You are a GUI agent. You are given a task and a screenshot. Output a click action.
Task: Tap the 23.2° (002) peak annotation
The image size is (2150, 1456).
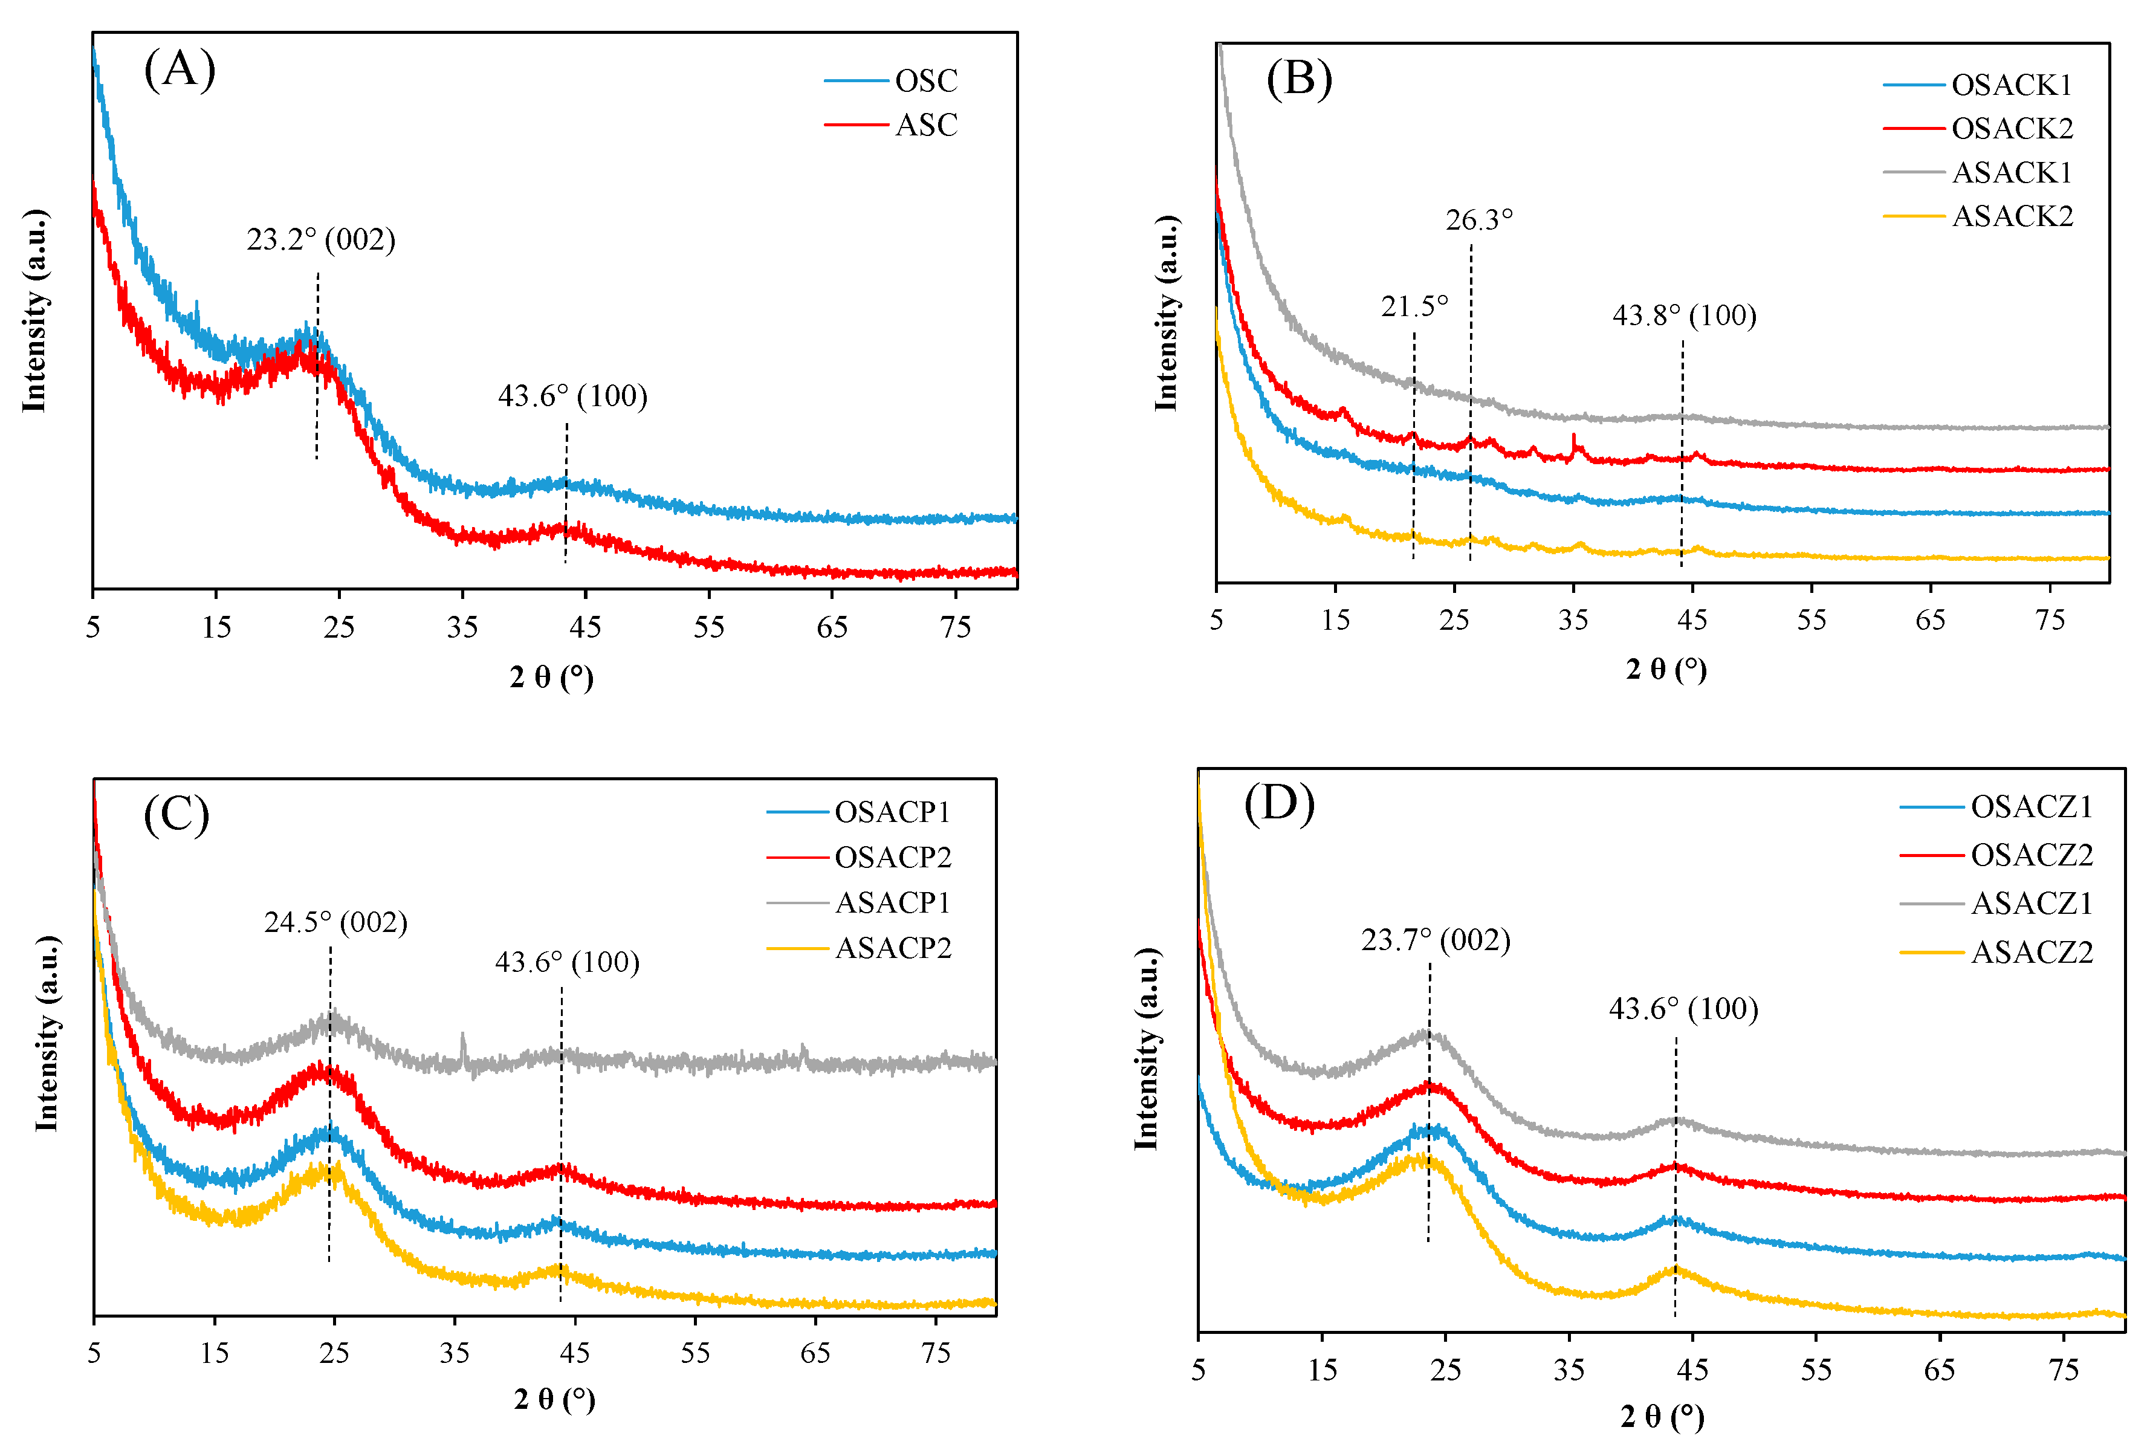coord(321,239)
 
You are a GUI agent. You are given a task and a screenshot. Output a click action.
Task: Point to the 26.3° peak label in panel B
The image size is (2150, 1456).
coord(1479,220)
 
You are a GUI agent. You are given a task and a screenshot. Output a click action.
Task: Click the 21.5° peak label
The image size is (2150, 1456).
coord(1414,306)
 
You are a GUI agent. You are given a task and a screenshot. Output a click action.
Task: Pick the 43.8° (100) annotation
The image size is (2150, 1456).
coord(1684,315)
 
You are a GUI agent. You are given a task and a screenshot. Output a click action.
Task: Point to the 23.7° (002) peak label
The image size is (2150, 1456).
coord(1435,940)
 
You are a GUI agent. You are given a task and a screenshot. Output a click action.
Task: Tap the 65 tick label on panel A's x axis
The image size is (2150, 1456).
coord(832,628)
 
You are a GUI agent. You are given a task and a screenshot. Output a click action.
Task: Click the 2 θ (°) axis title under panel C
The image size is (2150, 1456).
coord(554,1399)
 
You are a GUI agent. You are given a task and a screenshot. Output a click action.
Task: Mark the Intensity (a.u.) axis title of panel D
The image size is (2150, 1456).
coord(1147,1049)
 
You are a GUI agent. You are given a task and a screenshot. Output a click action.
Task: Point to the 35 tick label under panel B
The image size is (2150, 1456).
coord(1573,620)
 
